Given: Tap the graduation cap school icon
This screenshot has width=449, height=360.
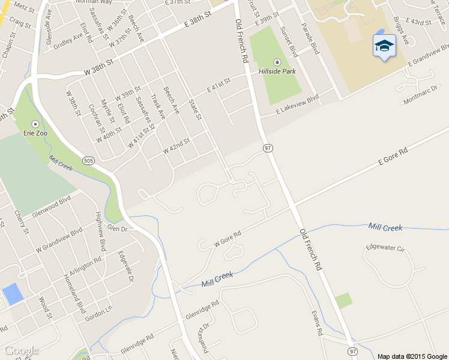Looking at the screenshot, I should pyautogui.click(x=384, y=46).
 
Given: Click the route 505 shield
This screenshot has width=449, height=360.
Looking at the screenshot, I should pyautogui.click(x=89, y=160).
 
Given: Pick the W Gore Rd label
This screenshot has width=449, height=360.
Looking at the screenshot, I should pyautogui.click(x=228, y=239).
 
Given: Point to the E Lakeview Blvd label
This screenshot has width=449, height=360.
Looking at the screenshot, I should pyautogui.click(x=297, y=105).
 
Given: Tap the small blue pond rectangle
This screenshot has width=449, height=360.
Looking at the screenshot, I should pyautogui.click(x=13, y=294).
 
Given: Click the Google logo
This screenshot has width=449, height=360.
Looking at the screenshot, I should pyautogui.click(x=21, y=350).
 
